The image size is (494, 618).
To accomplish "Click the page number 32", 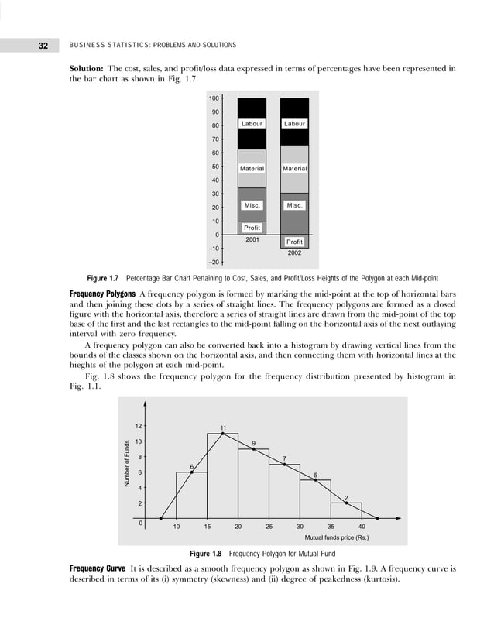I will click(43, 46).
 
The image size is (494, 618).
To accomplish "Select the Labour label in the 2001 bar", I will click(252, 124).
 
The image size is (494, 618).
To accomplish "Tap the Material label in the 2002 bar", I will click(294, 169).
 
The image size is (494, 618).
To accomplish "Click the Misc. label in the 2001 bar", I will click(252, 206).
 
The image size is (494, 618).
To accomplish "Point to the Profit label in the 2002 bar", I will click(294, 242).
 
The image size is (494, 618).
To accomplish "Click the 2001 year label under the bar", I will click(252, 239).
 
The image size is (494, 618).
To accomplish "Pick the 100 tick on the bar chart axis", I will click(214, 98).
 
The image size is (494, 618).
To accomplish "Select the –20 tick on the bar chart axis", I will click(212, 262).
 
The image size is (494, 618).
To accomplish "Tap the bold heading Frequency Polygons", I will click(103, 294).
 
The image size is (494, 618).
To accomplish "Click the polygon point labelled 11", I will click(223, 434).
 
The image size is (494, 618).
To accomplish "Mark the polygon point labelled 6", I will click(192, 472).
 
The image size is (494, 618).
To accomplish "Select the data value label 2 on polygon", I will click(346, 498).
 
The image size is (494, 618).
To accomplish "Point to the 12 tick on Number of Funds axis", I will click(138, 426).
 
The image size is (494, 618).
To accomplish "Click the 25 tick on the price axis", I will click(269, 527).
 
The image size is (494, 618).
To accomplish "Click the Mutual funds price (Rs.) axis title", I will click(337, 537).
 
